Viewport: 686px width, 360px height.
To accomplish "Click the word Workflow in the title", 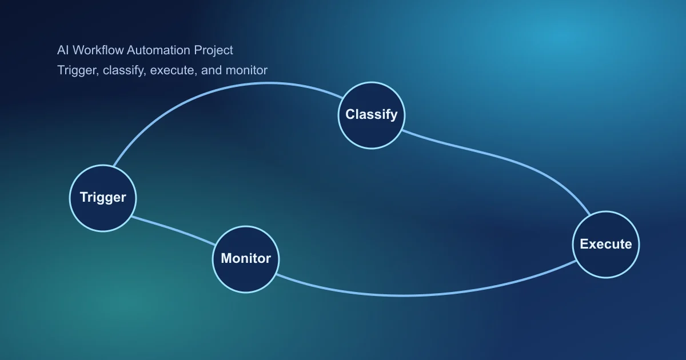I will [x=96, y=50].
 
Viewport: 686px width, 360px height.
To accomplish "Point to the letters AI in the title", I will [x=62, y=50].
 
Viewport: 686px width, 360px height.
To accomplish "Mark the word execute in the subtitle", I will [x=173, y=70].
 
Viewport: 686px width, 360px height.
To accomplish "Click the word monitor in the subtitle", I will [x=246, y=70].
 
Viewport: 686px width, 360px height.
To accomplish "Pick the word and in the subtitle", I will [x=212, y=70].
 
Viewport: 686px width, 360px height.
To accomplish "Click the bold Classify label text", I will [x=372, y=114].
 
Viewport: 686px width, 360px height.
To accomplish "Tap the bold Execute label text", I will [x=606, y=244].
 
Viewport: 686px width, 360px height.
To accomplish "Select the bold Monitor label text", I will [x=246, y=258].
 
